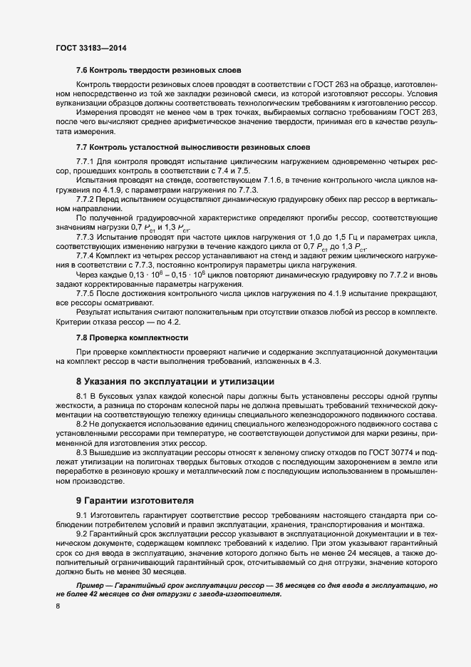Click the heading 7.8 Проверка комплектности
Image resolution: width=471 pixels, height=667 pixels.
click(x=133, y=336)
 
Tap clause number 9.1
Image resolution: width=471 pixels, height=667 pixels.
click(x=81, y=515)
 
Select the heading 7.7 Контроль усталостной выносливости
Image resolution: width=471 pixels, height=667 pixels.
click(x=182, y=147)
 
